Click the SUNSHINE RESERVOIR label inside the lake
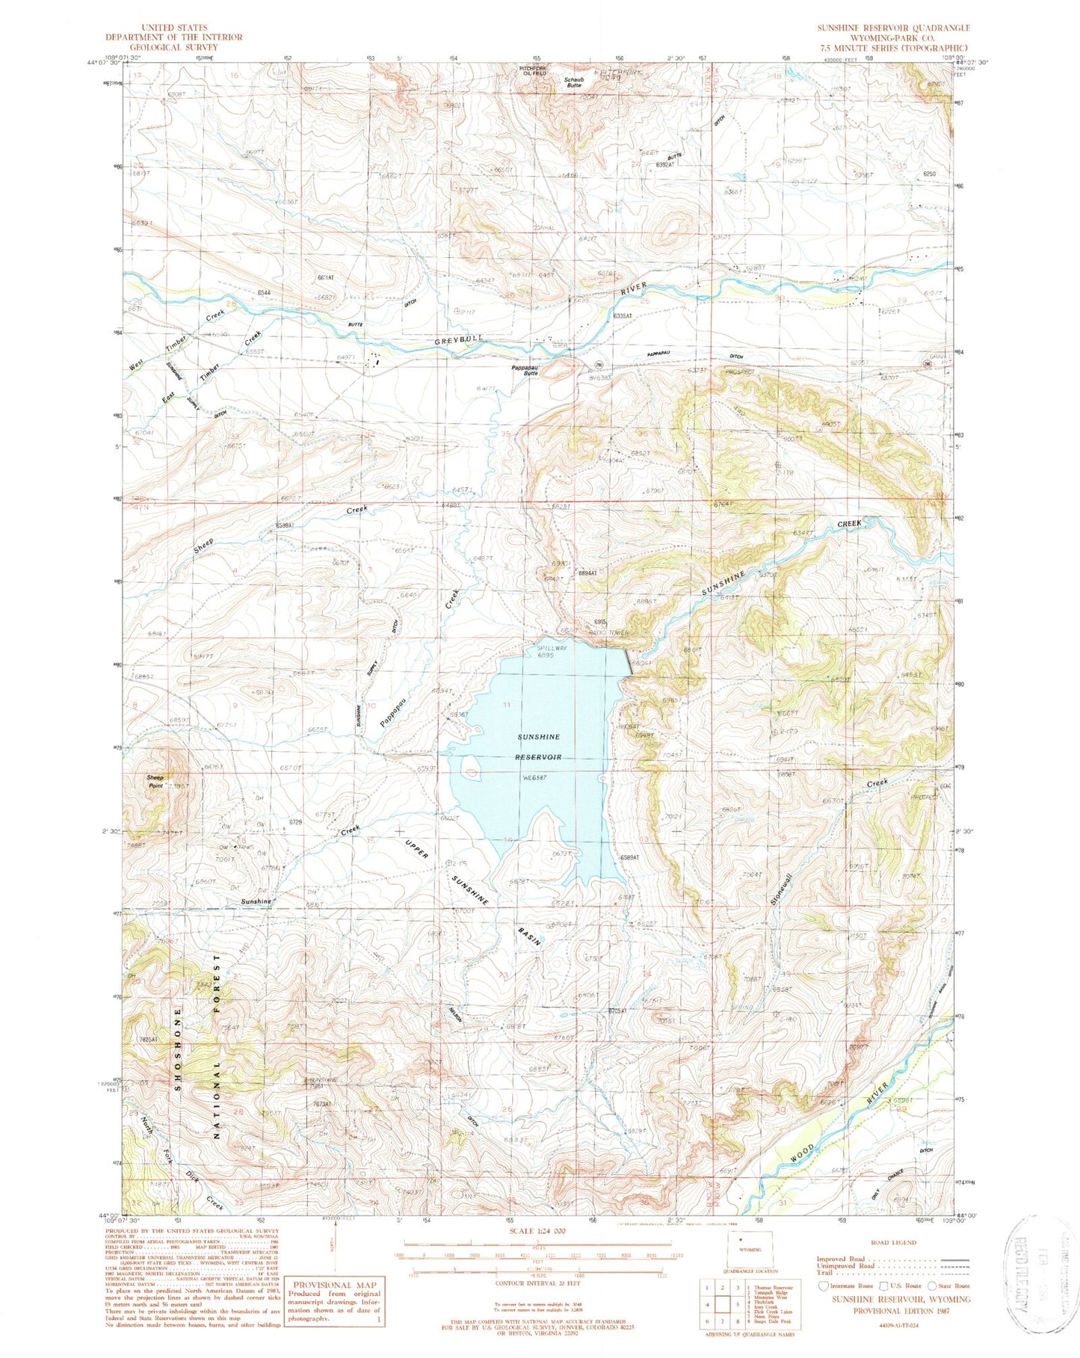(x=539, y=747)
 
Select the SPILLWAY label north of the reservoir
(x=552, y=647)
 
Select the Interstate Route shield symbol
(x=823, y=1286)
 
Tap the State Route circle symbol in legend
(x=932, y=1286)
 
